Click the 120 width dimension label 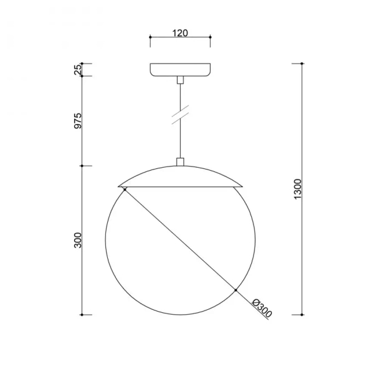(180, 33)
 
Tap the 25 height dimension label (78, 70)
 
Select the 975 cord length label (78, 121)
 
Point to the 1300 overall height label (298, 189)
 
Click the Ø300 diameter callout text (262, 308)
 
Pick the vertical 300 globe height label (78, 240)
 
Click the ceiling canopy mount (180, 70)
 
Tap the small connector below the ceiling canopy (180, 80)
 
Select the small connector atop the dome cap (180, 161)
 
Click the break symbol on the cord (180, 115)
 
